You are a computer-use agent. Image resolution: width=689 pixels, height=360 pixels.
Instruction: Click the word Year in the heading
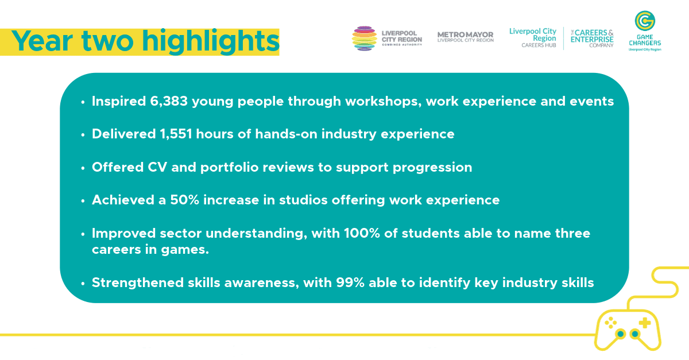[x=42, y=41]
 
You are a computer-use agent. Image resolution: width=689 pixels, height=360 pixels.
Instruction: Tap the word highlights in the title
[x=211, y=42]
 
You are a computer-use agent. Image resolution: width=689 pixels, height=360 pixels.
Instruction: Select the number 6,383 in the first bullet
[x=169, y=102]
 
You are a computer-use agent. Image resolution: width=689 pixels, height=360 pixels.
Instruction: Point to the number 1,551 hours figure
[x=176, y=134]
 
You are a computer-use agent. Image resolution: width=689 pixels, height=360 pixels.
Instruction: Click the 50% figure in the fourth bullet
[x=184, y=200]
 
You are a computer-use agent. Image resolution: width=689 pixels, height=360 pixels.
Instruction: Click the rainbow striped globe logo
[x=365, y=38]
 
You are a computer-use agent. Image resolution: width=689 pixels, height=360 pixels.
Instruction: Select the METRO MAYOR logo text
[x=466, y=37]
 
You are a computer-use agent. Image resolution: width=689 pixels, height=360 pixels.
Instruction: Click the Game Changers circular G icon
[x=645, y=21]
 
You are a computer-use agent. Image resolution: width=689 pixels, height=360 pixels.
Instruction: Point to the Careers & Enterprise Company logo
[x=592, y=38]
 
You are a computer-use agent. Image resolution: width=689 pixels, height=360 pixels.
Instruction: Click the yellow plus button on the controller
[x=645, y=323]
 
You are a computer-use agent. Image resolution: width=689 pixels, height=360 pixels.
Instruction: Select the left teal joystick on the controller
[x=621, y=334]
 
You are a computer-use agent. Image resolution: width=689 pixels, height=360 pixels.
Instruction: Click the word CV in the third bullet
[x=157, y=168]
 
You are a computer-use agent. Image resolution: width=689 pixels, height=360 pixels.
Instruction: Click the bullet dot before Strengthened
[x=83, y=284]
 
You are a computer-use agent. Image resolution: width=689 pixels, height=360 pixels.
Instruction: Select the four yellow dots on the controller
[x=610, y=323]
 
